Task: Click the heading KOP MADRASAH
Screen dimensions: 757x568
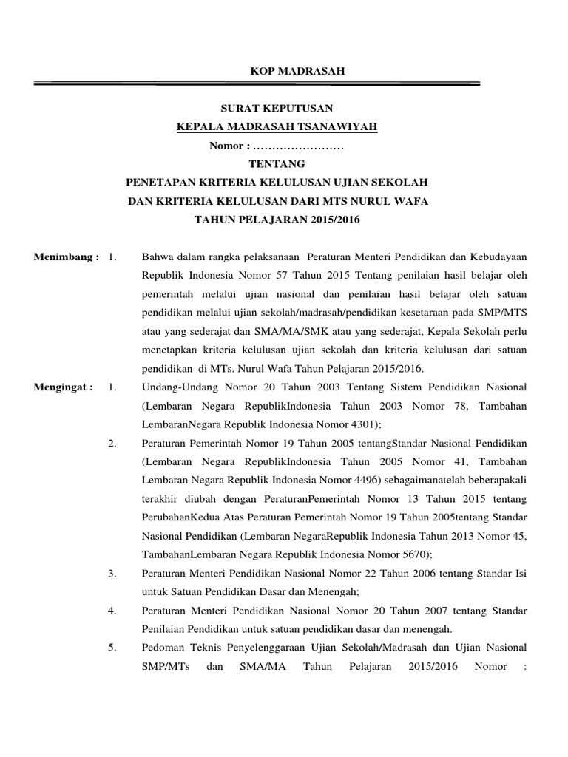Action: (285, 71)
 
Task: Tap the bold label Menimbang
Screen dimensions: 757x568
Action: (64, 257)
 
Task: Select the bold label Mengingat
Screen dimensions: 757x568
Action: (64, 387)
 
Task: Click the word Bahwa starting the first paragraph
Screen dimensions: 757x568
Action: (157, 257)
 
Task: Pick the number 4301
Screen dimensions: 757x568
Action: (364, 424)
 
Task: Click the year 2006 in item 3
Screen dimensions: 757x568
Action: (411, 573)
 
